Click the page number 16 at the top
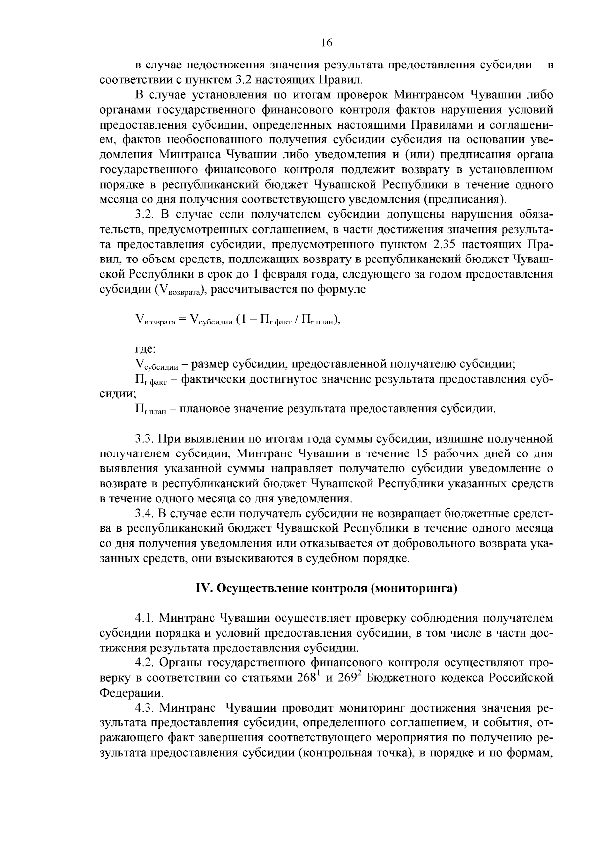[x=326, y=43]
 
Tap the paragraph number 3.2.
[x=145, y=214]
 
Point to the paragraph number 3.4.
[x=145, y=514]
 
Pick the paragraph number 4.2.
[x=145, y=663]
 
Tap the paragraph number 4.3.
[x=145, y=708]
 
